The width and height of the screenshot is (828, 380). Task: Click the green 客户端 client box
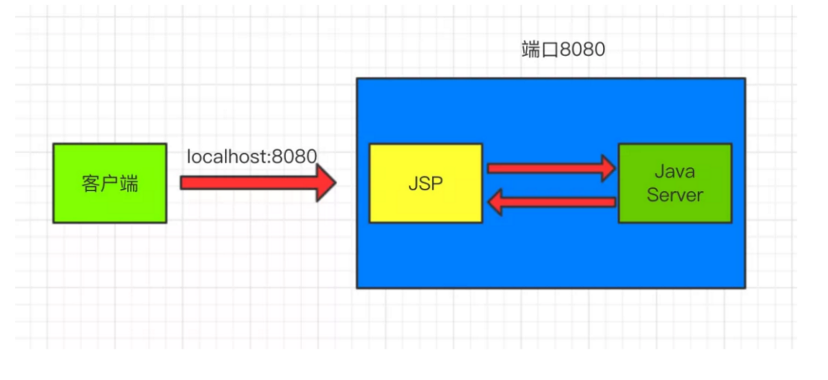pos(110,184)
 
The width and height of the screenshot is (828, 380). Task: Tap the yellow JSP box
pos(426,183)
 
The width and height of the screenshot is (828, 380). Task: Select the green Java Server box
pos(675,183)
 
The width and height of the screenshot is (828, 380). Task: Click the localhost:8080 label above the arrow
pos(252,157)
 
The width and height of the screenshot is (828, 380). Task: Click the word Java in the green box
pos(675,172)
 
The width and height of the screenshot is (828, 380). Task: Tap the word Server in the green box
pos(675,195)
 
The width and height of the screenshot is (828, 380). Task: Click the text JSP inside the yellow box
pos(426,184)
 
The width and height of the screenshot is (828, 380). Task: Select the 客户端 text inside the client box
pos(110,184)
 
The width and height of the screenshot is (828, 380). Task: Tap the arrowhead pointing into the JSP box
pos(496,202)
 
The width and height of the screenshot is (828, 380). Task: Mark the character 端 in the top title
pos(530,50)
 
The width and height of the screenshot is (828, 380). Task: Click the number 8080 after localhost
pos(295,157)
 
